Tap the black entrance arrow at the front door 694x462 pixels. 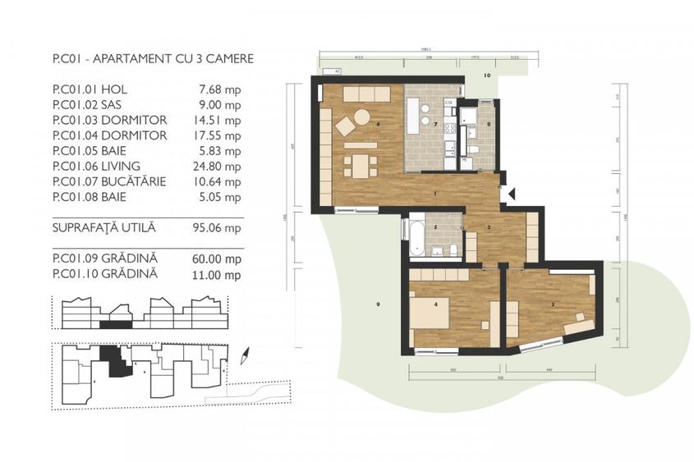point(512,194)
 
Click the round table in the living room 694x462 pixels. point(361,117)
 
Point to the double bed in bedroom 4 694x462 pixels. point(430,314)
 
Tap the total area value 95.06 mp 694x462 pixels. point(222,227)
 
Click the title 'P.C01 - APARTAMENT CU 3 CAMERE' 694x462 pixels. point(152,59)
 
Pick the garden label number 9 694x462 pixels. point(377,305)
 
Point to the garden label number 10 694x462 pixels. point(486,75)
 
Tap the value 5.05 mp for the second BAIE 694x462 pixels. point(224,197)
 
